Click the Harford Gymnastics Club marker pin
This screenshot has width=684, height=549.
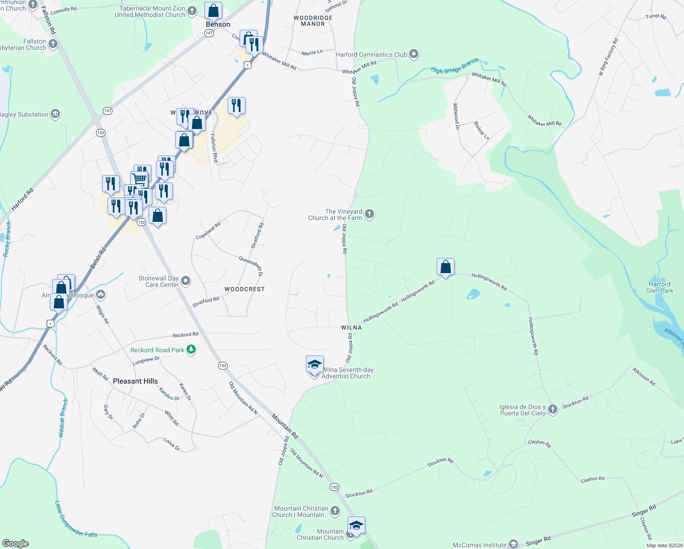pos(414,54)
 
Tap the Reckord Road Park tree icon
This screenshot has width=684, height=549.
pos(191,350)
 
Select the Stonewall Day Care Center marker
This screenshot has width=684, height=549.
pos(185,280)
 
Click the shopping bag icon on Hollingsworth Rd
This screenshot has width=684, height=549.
pos(445,267)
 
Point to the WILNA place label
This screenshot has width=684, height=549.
pos(351,328)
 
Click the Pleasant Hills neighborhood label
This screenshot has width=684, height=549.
pos(135,381)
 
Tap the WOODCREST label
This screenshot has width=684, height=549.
pos(245,289)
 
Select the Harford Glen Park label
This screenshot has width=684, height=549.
pos(660,287)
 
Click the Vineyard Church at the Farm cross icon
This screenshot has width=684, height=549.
pos(369,214)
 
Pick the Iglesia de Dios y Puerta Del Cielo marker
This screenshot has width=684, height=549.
pos(553,409)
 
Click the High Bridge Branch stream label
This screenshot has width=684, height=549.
pos(455,66)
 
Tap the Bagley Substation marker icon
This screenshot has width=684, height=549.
pos(55,114)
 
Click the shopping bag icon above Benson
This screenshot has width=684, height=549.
pos(213,11)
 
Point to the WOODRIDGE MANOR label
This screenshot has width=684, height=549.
pos(313,21)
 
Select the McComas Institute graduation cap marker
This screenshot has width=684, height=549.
pos(513,544)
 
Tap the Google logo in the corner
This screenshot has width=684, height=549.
pos(15,543)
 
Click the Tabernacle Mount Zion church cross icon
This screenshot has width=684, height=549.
pos(192,11)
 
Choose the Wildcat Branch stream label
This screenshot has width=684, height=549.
pos(63,418)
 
